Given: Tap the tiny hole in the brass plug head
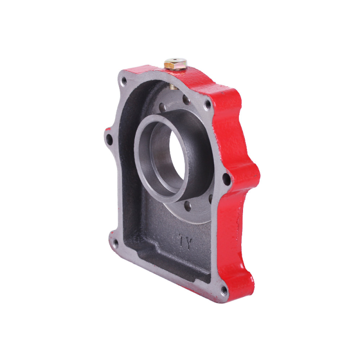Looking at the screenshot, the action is (x=175, y=60).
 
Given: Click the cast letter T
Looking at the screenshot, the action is (x=182, y=239).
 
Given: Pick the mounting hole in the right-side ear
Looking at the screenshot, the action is (x=226, y=179).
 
